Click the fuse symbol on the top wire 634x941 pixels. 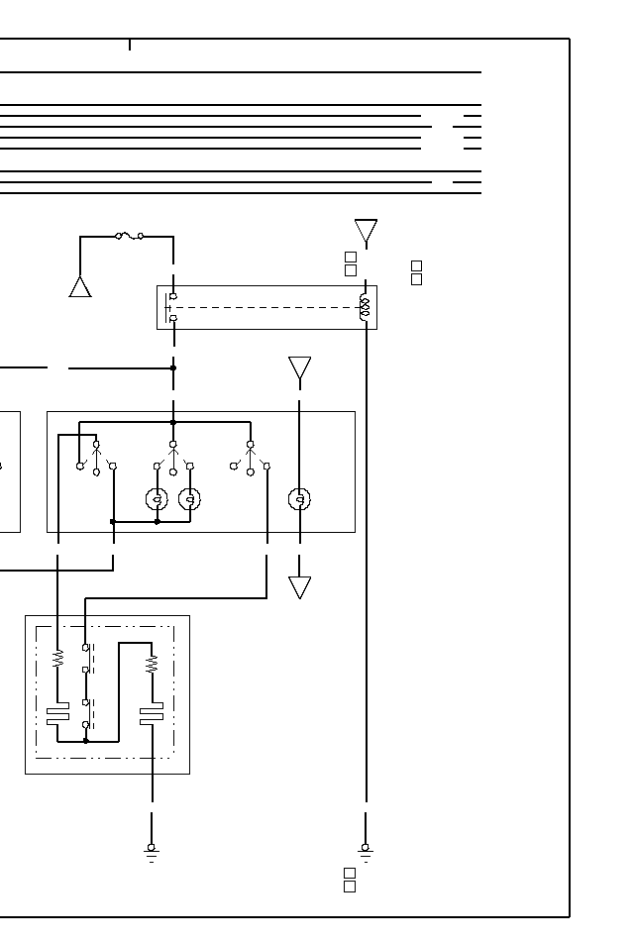[x=130, y=236]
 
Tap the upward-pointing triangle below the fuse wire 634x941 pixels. [x=80, y=286]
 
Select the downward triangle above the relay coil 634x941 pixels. [x=366, y=233]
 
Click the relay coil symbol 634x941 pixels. [x=365, y=307]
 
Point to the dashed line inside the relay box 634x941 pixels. [x=267, y=307]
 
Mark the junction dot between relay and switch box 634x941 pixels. [x=173, y=367]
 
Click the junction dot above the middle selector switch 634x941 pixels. [x=173, y=422]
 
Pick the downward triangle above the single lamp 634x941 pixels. [x=299, y=369]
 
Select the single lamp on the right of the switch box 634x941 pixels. [x=299, y=499]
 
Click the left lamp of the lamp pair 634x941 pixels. [x=157, y=499]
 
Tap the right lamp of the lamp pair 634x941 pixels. [x=190, y=499]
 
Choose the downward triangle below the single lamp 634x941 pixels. [x=299, y=587]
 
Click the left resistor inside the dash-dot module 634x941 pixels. [x=57, y=658]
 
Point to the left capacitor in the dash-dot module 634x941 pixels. [x=57, y=713]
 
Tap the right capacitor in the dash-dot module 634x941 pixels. [x=152, y=713]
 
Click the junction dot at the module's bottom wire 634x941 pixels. [x=86, y=740]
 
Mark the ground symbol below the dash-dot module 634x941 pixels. [x=152, y=852]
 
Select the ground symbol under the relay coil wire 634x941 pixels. [x=366, y=852]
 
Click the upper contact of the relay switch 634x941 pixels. [x=173, y=296]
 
